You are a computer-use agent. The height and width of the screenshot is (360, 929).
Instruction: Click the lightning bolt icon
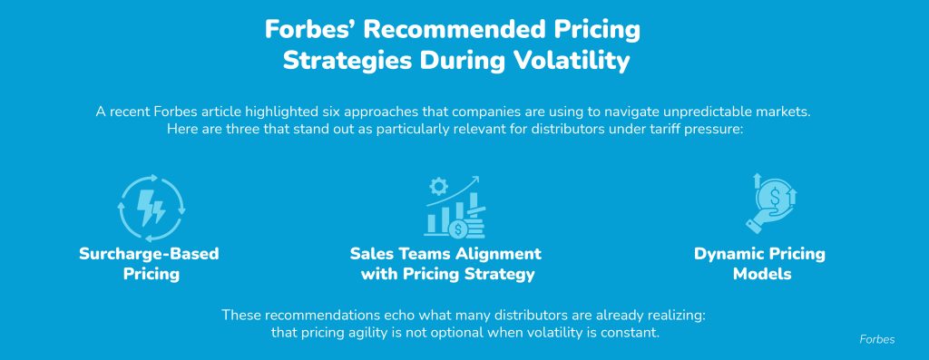click(152, 208)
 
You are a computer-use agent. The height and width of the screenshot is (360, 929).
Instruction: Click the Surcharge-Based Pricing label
click(150, 264)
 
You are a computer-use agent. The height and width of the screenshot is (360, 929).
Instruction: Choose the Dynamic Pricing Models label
click(760, 264)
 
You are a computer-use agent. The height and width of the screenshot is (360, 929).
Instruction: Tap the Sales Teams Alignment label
click(445, 254)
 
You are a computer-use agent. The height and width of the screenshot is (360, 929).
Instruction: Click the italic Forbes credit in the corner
click(877, 340)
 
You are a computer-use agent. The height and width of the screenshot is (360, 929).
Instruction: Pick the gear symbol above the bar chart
click(438, 187)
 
